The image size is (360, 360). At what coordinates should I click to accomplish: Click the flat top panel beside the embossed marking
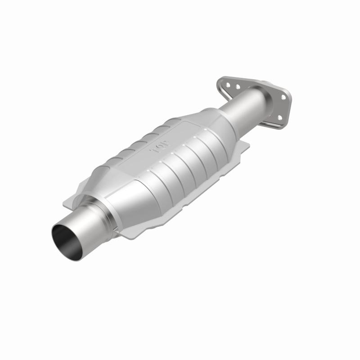coord(180,135)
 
